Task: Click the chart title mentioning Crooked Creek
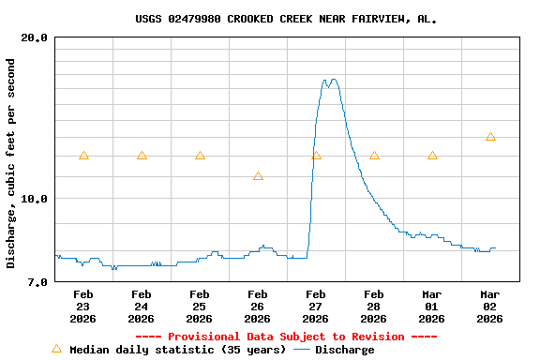tap(286, 19)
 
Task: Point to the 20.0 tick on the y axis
tap(35, 37)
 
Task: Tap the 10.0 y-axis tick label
tap(35, 199)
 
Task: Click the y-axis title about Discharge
tap(11, 163)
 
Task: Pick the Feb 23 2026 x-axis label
tap(83, 307)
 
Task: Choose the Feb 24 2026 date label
tap(142, 307)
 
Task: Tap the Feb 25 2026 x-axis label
tap(200, 307)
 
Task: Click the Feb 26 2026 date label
tap(258, 307)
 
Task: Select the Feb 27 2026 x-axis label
tap(316, 307)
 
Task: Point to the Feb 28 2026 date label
tap(374, 307)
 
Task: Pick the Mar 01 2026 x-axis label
tap(432, 307)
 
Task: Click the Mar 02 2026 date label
tap(490, 307)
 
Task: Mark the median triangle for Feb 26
tap(258, 175)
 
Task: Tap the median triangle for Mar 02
tap(490, 137)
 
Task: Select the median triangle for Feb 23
tap(83, 156)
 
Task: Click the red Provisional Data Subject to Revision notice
tap(286, 337)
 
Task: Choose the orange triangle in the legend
tap(56, 349)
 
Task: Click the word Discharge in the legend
tap(344, 350)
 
